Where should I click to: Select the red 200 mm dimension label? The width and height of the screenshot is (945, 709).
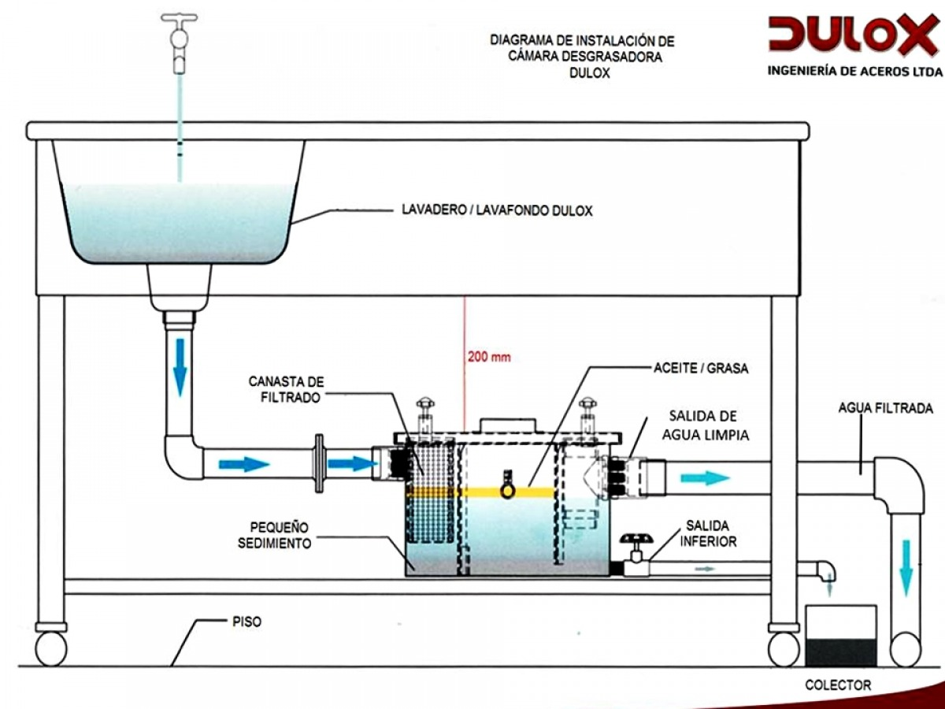(489, 357)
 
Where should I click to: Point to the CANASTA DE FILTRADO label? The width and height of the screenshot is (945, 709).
(284, 389)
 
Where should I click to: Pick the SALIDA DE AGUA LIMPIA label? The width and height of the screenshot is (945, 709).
(705, 424)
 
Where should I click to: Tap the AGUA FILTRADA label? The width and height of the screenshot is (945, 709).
(885, 408)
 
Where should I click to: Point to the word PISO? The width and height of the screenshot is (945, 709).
(246, 622)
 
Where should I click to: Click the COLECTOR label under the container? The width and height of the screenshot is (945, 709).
(838, 685)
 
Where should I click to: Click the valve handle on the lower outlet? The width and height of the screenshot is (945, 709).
(635, 540)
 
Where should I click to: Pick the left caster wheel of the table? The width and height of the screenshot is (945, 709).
(51, 648)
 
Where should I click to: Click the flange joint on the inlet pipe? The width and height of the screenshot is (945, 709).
(319, 463)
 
